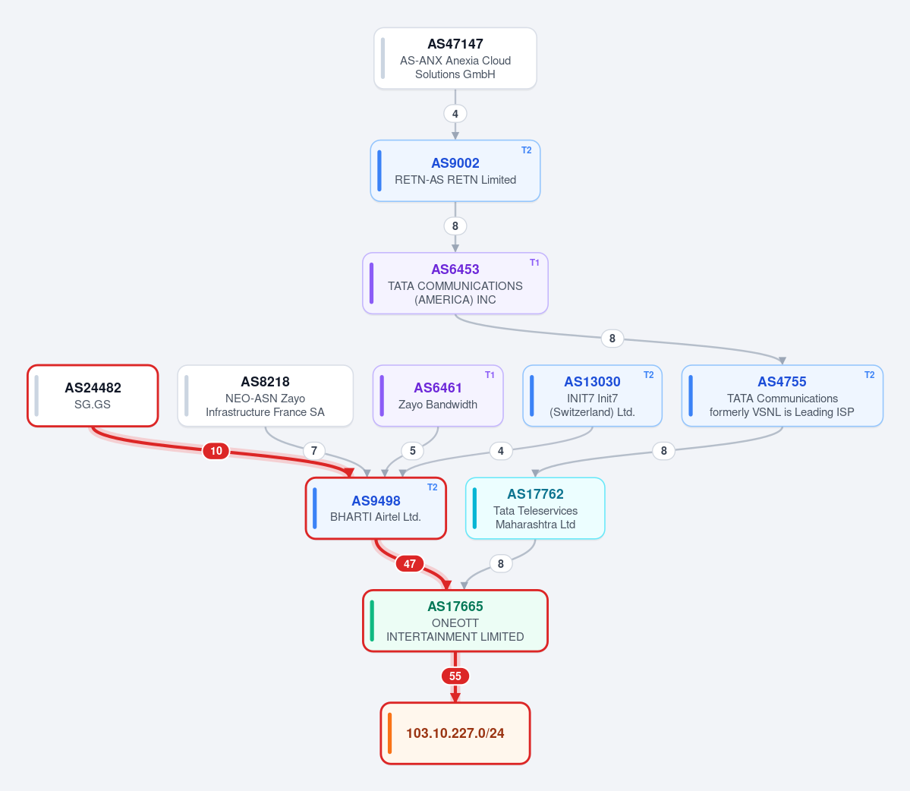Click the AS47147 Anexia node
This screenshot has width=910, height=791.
[x=455, y=58]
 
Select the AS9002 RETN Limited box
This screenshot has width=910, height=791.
[x=455, y=171]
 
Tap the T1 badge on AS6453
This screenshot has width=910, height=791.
[x=534, y=263]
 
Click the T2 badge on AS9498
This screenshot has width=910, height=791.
[x=433, y=487]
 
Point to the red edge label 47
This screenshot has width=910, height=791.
[x=410, y=563]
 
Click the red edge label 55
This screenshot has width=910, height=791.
[x=455, y=676]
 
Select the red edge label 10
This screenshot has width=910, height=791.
[x=216, y=451]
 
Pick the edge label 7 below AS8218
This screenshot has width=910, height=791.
[x=314, y=451]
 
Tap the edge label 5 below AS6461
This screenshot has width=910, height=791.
[x=413, y=451]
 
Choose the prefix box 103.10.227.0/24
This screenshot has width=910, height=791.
[x=455, y=733]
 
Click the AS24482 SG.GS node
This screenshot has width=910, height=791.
[x=93, y=395]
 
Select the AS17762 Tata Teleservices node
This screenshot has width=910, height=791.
[x=535, y=509]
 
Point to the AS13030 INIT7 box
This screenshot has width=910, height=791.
[x=593, y=395]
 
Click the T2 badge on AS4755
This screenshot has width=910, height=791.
[x=869, y=375]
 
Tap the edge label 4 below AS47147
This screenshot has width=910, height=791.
[x=455, y=114]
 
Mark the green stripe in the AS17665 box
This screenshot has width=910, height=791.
[x=372, y=621]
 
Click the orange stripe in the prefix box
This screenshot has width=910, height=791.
[x=390, y=733]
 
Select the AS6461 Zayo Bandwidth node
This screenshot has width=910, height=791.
[x=438, y=395]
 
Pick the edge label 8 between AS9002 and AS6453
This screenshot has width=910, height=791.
[x=455, y=226]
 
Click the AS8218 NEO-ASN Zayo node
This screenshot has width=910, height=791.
[x=265, y=395]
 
